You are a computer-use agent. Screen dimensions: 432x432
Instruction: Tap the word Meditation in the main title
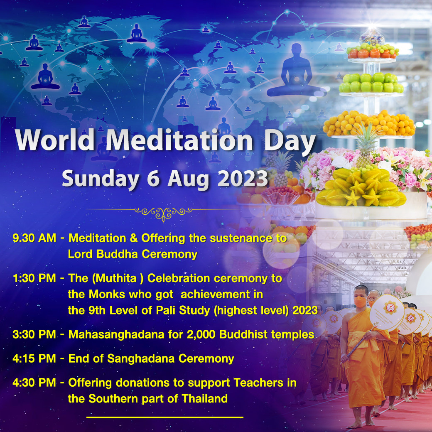click(179, 140)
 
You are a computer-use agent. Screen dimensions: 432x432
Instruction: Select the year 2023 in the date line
click(243, 179)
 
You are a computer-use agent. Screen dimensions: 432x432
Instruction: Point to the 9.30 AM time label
click(34, 238)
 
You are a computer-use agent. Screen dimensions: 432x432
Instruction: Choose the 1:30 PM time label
click(34, 278)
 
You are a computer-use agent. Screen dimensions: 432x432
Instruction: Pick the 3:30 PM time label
click(34, 334)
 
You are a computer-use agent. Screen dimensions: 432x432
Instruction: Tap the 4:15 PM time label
click(34, 359)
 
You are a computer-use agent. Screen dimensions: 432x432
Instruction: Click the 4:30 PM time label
click(34, 383)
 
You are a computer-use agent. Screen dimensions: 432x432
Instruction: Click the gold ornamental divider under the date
click(163, 213)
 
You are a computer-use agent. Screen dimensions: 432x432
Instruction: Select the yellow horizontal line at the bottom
click(165, 418)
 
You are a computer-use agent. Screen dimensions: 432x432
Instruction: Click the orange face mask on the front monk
click(360, 302)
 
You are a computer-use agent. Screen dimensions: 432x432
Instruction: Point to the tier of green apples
click(371, 83)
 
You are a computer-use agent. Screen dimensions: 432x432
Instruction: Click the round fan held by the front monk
click(387, 312)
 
